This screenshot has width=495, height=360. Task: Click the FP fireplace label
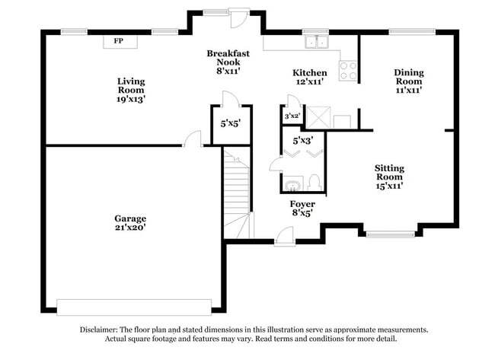click(118, 40)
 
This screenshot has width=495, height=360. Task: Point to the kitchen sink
click(315, 42)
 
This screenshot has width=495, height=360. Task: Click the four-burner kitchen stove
click(348, 71)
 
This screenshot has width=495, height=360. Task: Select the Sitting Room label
click(388, 176)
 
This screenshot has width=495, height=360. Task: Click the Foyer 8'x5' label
click(302, 209)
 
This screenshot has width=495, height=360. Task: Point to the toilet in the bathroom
click(314, 183)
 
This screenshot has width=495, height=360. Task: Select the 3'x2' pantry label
click(292, 116)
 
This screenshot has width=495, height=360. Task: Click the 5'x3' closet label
click(302, 140)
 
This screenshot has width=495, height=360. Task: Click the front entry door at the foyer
click(283, 238)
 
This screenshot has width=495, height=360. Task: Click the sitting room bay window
click(391, 234)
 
